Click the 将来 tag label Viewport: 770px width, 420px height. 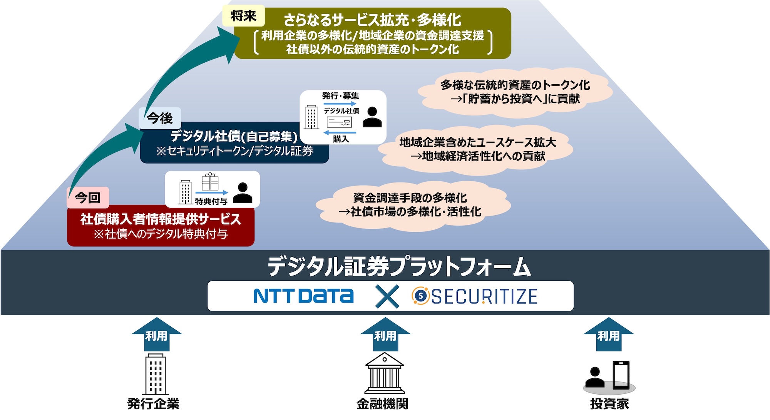click(x=243, y=16)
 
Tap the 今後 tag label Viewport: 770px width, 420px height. click(x=159, y=118)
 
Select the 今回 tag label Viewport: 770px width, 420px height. click(x=88, y=198)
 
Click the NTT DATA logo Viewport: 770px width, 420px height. click(x=303, y=296)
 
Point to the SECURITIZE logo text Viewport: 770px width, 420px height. click(x=484, y=296)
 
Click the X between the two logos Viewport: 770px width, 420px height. click(x=387, y=296)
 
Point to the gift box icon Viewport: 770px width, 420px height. click(x=210, y=181)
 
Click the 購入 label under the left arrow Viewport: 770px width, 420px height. click(x=341, y=139)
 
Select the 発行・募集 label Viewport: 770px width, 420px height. click(x=341, y=95)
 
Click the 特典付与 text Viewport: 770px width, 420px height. click(x=211, y=201)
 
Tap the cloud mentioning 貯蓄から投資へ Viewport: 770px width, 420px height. click(x=515, y=92)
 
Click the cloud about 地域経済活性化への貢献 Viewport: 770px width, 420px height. click(x=477, y=149)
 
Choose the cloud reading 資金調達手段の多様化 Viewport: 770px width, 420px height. click(x=410, y=205)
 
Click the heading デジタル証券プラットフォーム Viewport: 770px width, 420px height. click(x=399, y=266)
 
